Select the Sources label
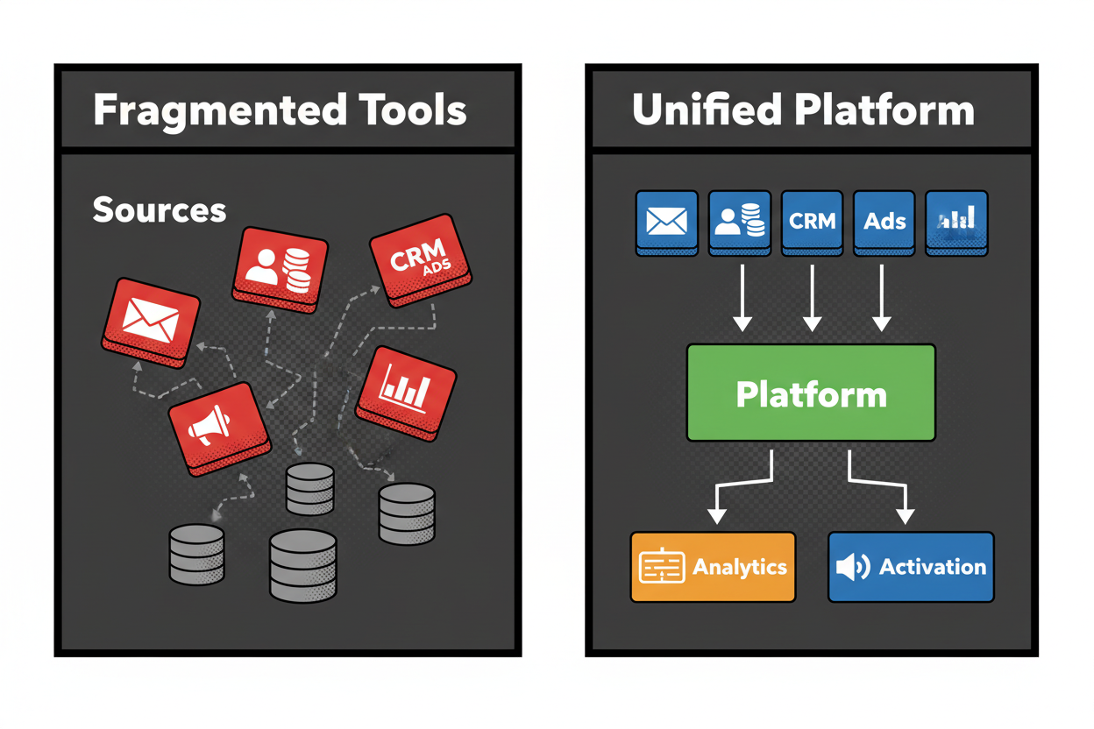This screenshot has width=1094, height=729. pyautogui.click(x=159, y=210)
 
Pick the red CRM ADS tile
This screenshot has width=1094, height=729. pyautogui.click(x=420, y=265)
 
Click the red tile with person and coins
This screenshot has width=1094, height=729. pyautogui.click(x=279, y=266)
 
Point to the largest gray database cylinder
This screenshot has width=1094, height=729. pyautogui.click(x=302, y=565)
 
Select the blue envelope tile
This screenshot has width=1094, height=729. pyautogui.click(x=666, y=222)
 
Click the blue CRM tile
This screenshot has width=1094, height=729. pyautogui.click(x=812, y=222)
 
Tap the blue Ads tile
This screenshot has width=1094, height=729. pyautogui.click(x=884, y=222)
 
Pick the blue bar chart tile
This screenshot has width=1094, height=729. pyautogui.click(x=956, y=222)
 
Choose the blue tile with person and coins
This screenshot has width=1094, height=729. pyautogui.click(x=739, y=222)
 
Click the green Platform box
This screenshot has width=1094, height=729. pyautogui.click(x=811, y=393)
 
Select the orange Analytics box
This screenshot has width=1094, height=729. pyautogui.click(x=713, y=567)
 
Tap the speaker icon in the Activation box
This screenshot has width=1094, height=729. pyautogui.click(x=851, y=567)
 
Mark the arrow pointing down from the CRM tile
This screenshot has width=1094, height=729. pyautogui.click(x=812, y=298)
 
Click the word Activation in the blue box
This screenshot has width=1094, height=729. pyautogui.click(x=932, y=567)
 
